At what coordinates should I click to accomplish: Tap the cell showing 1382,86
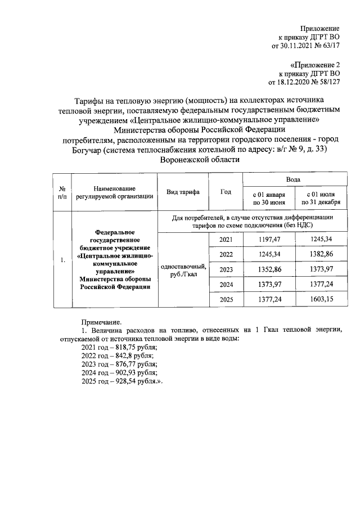pyautogui.click(x=321, y=255)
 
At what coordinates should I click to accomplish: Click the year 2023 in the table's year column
pyautogui.click(x=226, y=269)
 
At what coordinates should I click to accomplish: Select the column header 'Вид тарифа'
pyautogui.click(x=183, y=192)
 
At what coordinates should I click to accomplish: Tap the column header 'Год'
pyautogui.click(x=226, y=192)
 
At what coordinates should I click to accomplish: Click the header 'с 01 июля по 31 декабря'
pyautogui.click(x=321, y=198)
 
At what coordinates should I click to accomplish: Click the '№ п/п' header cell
pyautogui.click(x=63, y=192)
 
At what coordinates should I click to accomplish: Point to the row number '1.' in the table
pyautogui.click(x=63, y=260)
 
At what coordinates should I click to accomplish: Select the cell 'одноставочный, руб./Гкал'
pyautogui.click(x=183, y=270)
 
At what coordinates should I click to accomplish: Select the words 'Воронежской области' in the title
pyautogui.click(x=200, y=159)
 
